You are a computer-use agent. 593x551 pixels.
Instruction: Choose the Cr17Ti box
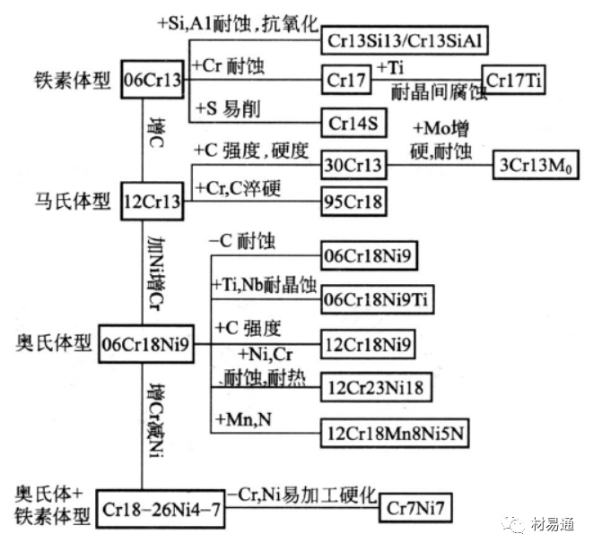coord(515,80)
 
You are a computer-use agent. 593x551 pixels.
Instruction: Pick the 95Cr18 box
coord(353,202)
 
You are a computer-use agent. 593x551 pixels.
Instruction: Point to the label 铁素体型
coord(64,80)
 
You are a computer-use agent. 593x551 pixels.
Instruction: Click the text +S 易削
coord(226,108)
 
